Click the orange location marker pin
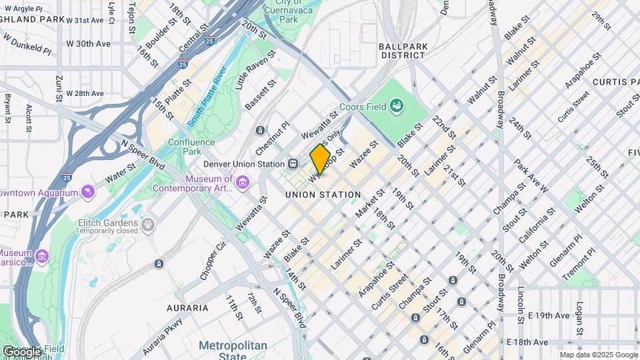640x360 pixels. pos(320,159)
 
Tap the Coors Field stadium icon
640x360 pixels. pos(397,105)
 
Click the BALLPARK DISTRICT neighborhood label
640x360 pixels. pos(402,51)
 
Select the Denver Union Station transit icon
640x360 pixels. pos(293,164)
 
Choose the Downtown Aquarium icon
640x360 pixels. pos(87,193)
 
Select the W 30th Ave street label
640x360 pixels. pos(88,44)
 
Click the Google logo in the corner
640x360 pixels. pos(21,351)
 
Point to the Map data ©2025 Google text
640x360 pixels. pos(598,355)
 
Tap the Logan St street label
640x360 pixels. pos(579,319)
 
